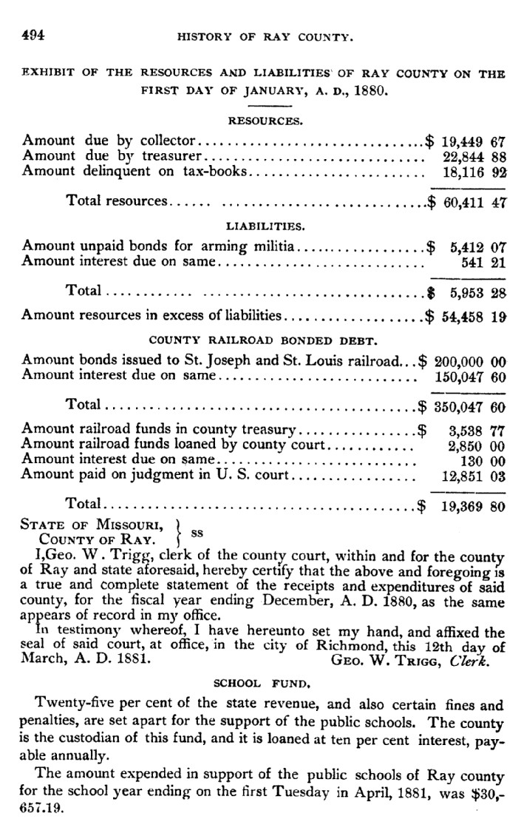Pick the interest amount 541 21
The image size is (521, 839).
click(x=483, y=260)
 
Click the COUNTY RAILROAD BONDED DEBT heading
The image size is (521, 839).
click(x=263, y=341)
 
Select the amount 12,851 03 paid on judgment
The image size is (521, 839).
click(x=473, y=476)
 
